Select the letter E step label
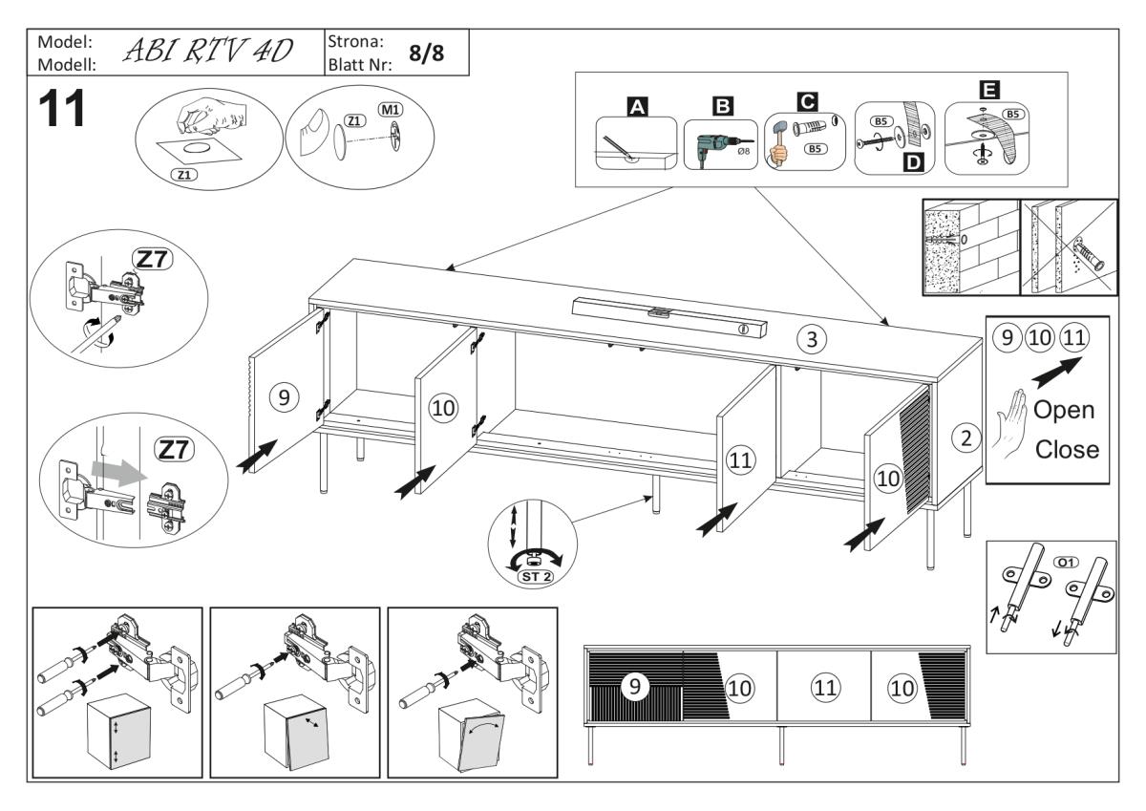click(x=985, y=91)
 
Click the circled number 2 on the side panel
click(x=966, y=438)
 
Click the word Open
click(x=1065, y=410)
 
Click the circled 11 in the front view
click(x=823, y=686)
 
